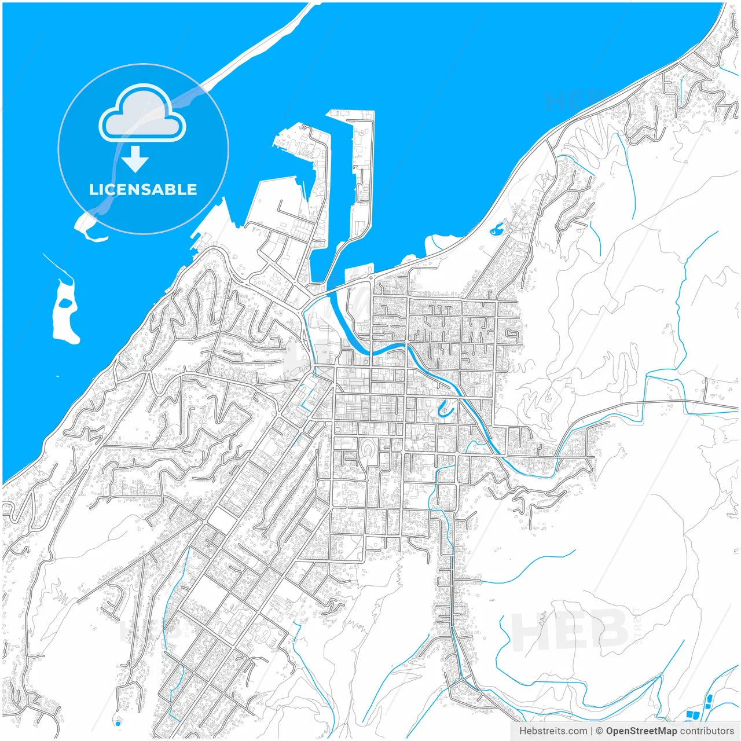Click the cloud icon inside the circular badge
(x=142, y=113)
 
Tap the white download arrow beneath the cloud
(x=135, y=159)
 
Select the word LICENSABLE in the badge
(x=143, y=189)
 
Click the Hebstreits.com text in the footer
(x=553, y=731)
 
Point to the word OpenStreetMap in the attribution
(x=641, y=731)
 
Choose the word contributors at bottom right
(x=707, y=731)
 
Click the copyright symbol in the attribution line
(x=600, y=731)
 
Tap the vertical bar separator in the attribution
(x=591, y=731)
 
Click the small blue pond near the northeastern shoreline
(x=496, y=230)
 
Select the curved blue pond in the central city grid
(x=444, y=409)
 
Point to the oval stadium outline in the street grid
(x=368, y=451)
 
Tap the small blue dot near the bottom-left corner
(x=118, y=723)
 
